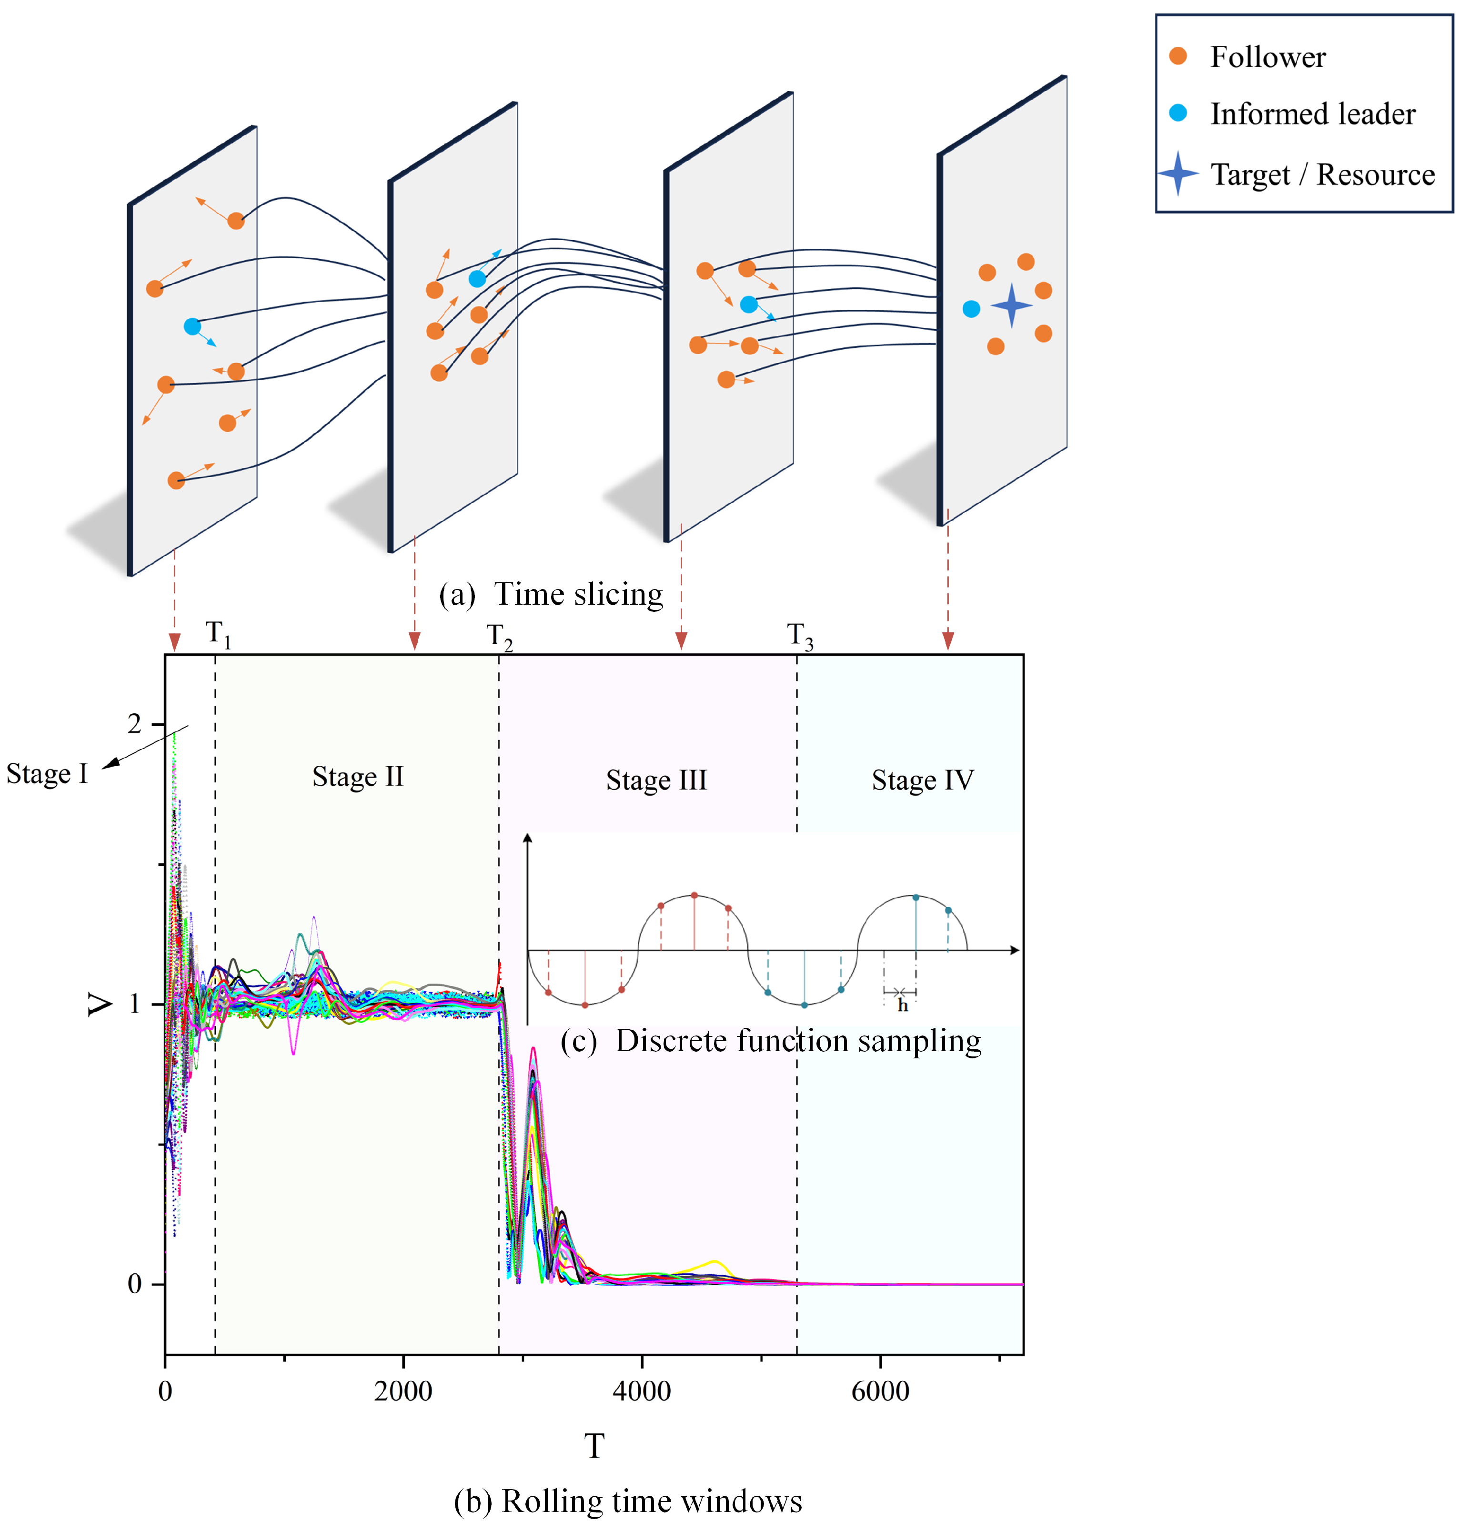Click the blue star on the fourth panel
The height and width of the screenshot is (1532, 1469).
point(1011,305)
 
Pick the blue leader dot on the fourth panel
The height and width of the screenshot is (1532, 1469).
point(970,309)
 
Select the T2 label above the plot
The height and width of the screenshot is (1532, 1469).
point(499,638)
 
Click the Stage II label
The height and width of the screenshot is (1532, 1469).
point(358,776)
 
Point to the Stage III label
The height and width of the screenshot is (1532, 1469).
point(656,780)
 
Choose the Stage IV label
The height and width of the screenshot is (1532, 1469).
point(922,780)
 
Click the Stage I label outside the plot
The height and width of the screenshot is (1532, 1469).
point(47,774)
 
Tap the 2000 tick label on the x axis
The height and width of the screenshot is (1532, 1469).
point(402,1391)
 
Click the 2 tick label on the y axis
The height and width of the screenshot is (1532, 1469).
point(134,725)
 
